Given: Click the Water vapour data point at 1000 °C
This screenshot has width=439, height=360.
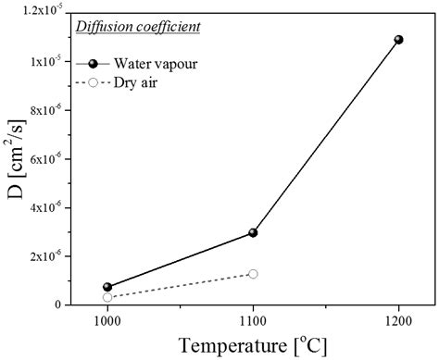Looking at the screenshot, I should point(107,287).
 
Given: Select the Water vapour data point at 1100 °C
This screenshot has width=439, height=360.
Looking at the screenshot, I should point(253,232).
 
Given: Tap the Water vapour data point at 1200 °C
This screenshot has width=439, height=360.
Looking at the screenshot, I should point(399,40).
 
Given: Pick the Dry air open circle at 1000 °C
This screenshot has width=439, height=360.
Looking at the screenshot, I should point(107,297).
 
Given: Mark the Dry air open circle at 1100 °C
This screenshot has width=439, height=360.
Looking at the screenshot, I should point(253,274).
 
